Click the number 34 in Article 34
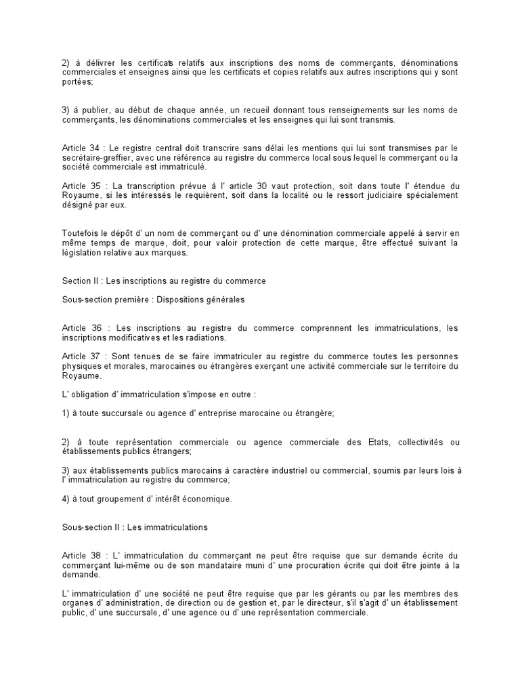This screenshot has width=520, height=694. (x=96, y=148)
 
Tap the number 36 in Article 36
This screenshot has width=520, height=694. (x=96, y=328)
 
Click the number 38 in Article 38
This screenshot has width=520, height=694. (x=96, y=556)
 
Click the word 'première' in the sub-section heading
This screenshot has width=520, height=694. (x=133, y=299)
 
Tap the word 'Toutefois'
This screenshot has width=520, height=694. (x=79, y=234)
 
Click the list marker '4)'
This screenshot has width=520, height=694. (x=66, y=499)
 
